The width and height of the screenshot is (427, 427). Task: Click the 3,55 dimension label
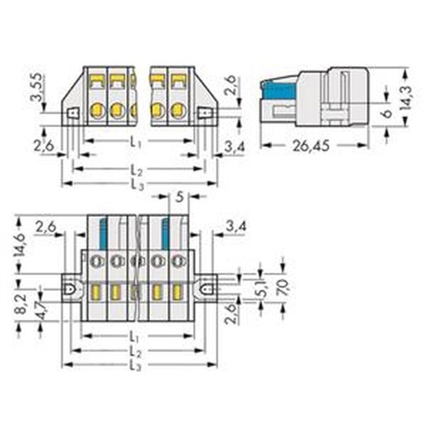(36, 87)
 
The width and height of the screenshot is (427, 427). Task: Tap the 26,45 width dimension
(311, 146)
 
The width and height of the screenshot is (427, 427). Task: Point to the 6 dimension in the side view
(388, 113)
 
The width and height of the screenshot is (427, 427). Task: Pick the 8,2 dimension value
(21, 303)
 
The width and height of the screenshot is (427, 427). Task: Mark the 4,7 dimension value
(43, 310)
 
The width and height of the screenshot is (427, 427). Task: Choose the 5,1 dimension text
(262, 289)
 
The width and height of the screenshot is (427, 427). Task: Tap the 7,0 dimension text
(283, 288)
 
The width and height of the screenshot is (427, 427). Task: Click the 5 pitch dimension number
(180, 197)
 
